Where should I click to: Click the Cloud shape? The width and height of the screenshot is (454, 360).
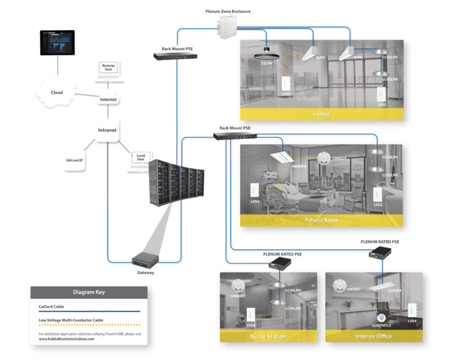coord(57,93)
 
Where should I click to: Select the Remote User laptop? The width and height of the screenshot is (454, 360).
coord(108,73)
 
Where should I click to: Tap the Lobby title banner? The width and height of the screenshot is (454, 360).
coord(322,114)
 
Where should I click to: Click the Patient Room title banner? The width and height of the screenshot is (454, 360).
coord(322,220)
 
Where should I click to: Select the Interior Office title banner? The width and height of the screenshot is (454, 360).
coord(374,336)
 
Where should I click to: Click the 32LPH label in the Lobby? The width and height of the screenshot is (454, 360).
coord(266,63)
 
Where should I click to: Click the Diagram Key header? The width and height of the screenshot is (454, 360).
coord(89,293)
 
